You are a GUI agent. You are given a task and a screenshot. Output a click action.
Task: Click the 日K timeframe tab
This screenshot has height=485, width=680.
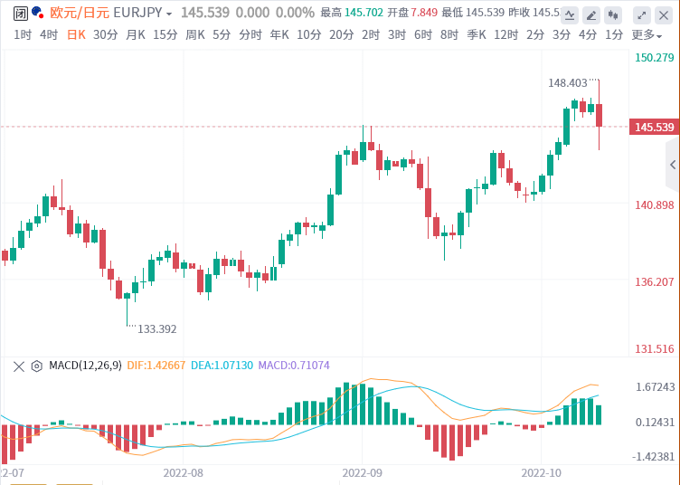[75, 34]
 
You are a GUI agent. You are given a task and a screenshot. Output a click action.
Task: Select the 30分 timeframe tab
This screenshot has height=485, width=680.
[105, 34]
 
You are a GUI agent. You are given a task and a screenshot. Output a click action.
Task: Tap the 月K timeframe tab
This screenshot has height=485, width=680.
[136, 34]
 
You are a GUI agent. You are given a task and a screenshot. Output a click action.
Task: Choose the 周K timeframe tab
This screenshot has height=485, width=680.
[195, 34]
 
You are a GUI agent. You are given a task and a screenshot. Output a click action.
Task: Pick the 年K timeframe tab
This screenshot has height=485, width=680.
[280, 34]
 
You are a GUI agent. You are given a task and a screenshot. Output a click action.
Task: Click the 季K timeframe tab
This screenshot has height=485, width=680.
[477, 34]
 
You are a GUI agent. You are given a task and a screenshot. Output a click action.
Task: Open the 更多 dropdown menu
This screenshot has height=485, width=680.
[645, 34]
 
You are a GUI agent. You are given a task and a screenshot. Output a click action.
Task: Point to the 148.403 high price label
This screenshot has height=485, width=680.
[568, 82]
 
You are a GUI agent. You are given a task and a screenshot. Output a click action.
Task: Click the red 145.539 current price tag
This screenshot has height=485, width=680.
[654, 127]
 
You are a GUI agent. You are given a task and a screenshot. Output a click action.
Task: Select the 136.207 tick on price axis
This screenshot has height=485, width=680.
[654, 282]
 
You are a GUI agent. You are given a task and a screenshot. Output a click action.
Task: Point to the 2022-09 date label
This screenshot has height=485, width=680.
[363, 472]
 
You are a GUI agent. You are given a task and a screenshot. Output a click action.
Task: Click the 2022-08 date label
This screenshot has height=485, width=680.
[184, 472]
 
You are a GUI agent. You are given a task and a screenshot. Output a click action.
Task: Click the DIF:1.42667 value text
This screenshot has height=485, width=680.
[158, 366]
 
